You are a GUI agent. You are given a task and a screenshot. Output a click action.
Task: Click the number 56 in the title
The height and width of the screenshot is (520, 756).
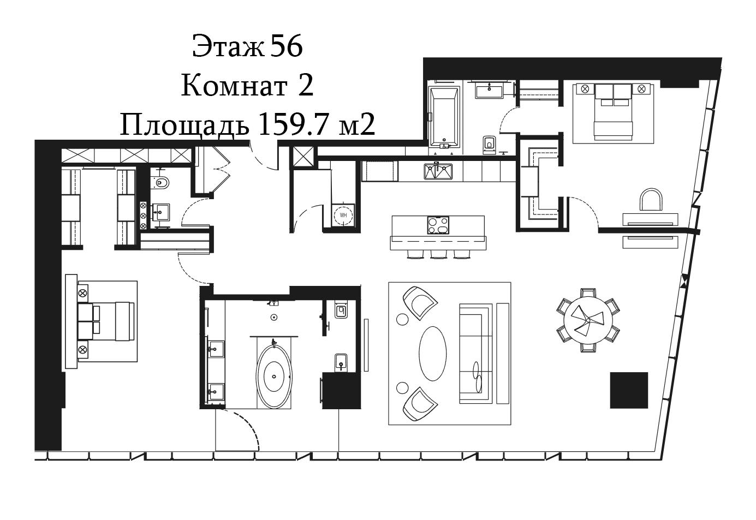286,46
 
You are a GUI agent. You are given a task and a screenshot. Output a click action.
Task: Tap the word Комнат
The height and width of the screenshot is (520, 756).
234,86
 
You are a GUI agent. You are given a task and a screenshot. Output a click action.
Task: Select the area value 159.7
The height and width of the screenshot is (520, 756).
294,124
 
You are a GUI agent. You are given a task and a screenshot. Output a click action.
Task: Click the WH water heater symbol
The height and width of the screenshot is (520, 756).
343,215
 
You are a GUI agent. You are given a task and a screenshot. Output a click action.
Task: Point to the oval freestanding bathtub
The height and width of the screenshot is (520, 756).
273,376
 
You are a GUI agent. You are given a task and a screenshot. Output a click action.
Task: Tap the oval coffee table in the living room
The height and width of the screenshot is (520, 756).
433,353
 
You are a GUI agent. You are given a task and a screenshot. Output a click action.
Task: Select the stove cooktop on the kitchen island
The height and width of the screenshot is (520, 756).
438,225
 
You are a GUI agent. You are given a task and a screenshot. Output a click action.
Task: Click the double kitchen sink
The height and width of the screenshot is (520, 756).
438,172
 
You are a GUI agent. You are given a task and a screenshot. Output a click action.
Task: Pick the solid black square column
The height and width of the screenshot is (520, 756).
629,391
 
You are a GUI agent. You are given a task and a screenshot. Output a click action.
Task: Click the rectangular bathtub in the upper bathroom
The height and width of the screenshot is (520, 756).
444,117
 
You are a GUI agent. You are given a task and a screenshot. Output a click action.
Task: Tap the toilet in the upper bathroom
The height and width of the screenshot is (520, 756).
490,145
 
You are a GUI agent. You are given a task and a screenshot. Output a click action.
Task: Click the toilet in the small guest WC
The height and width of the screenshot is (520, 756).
161,183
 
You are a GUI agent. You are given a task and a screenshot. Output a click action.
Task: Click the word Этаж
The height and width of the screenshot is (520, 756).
228,46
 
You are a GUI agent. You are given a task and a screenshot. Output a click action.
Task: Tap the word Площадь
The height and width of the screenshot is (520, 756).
184,125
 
